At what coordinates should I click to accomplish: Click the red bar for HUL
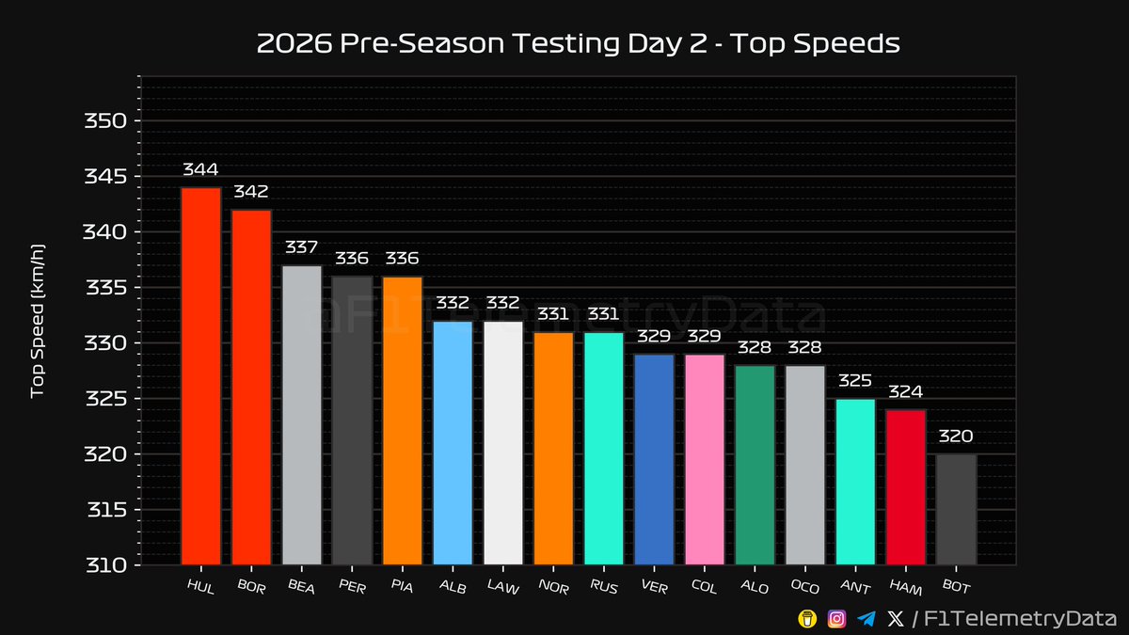200,376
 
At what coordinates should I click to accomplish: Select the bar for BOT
956,510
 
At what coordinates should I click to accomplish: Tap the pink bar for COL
705,460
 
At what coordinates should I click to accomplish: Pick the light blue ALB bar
453,443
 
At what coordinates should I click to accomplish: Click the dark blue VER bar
654,460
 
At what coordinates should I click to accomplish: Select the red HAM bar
905,487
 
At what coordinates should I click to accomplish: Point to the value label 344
200,170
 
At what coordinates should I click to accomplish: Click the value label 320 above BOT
956,437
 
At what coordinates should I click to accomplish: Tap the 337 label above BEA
301,247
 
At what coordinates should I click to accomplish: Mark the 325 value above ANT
855,381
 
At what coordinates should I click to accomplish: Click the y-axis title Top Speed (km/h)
39,320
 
